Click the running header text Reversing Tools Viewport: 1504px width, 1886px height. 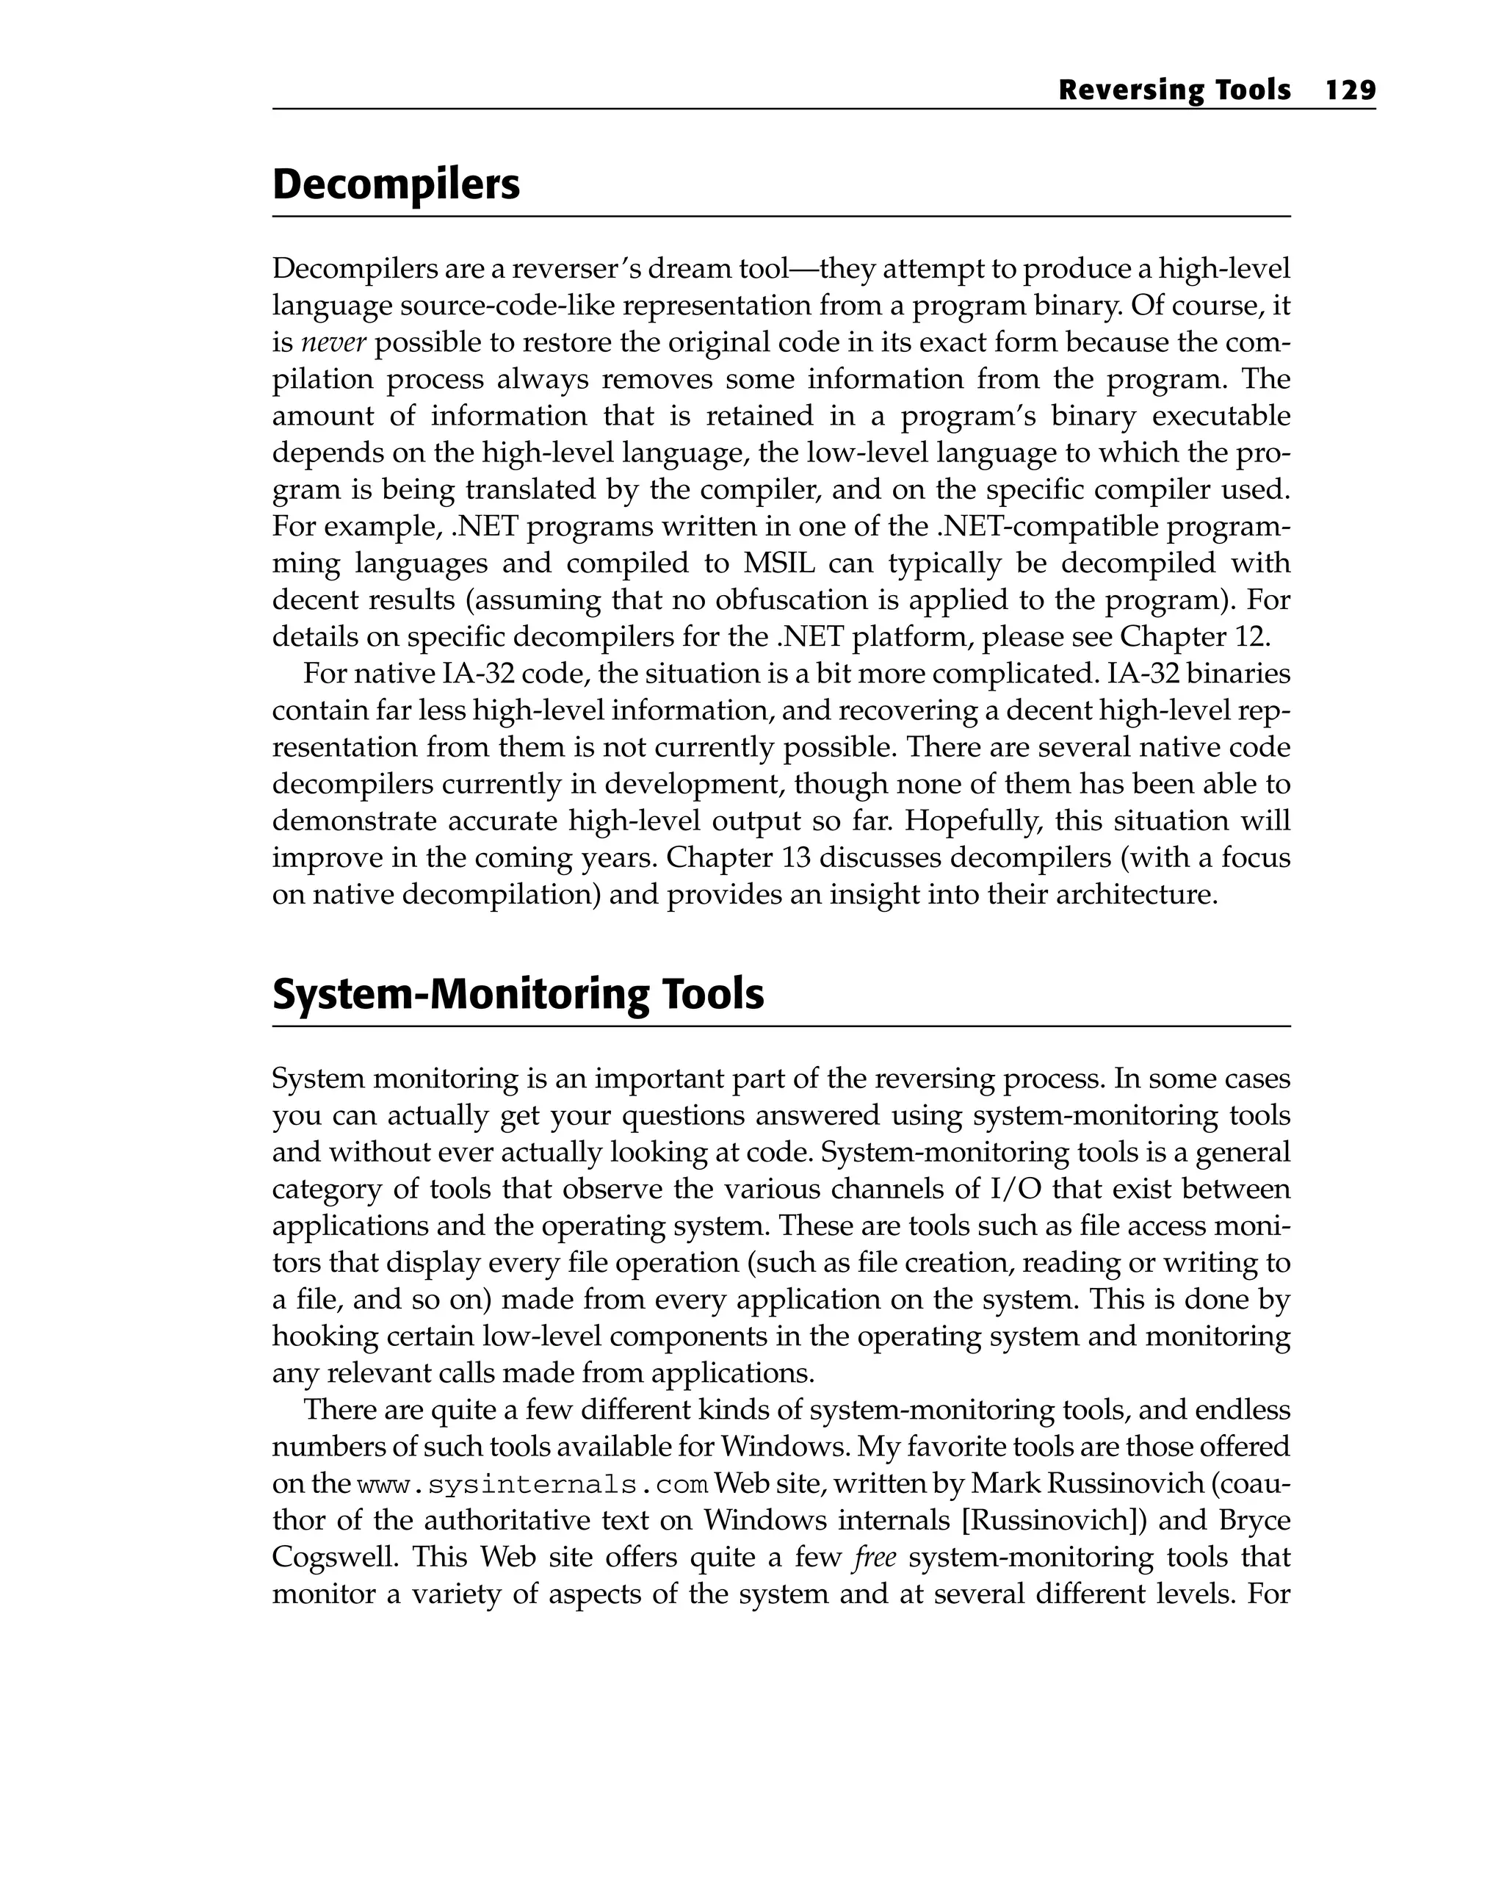coord(1174,90)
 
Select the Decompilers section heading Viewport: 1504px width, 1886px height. coord(395,184)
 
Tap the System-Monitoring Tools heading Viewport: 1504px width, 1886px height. coord(518,995)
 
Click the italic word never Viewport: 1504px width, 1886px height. coord(333,343)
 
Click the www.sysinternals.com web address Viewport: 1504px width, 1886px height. coord(532,1485)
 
